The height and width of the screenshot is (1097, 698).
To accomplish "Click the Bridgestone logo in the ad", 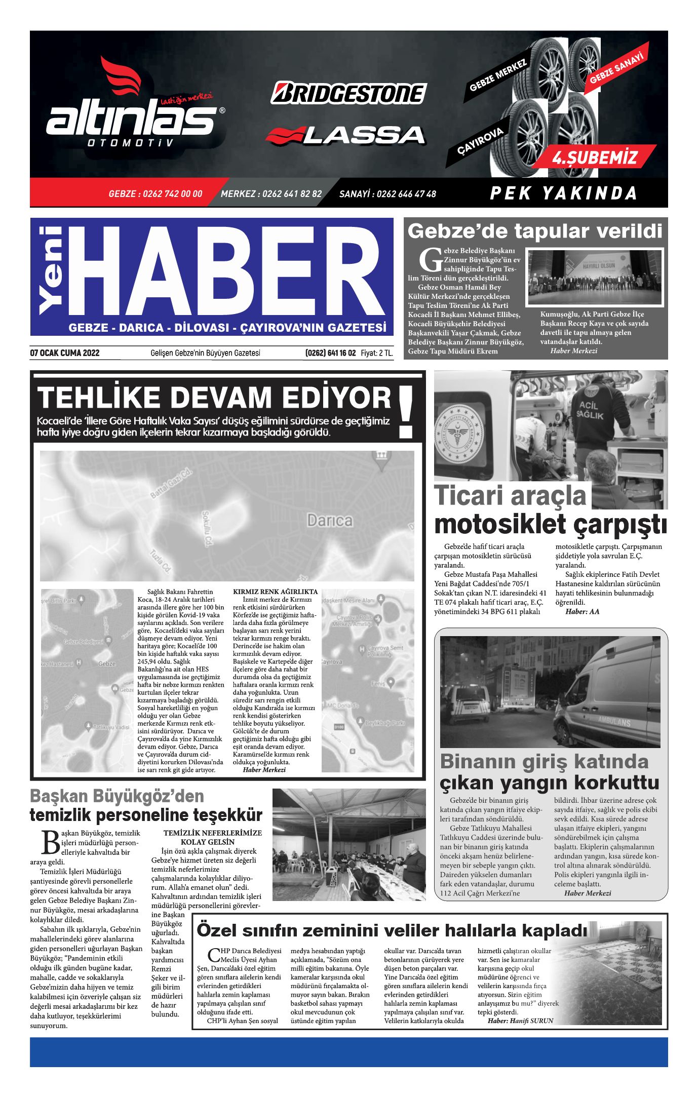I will [348, 93].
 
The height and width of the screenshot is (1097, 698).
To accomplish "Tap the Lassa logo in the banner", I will [345, 135].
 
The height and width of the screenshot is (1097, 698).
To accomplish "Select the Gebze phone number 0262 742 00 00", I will [156, 193].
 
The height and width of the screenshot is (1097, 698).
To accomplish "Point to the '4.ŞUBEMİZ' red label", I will [595, 158].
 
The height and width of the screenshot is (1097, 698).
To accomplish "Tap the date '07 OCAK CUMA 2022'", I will [65, 353].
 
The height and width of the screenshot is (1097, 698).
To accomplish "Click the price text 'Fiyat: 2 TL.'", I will [377, 353].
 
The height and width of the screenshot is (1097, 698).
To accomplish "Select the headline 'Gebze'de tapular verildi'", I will [535, 231].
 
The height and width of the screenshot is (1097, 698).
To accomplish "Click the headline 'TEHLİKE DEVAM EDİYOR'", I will [215, 398].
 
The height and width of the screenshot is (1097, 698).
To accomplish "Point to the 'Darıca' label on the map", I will [330, 520].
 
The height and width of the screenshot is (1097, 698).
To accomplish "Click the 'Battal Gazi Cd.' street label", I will [172, 484].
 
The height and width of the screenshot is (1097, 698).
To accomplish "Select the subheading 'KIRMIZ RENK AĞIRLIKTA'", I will [275, 591].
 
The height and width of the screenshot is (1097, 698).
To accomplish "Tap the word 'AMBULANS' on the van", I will [614, 721].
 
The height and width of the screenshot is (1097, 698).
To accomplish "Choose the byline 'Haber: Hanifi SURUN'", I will [520, 1021].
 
